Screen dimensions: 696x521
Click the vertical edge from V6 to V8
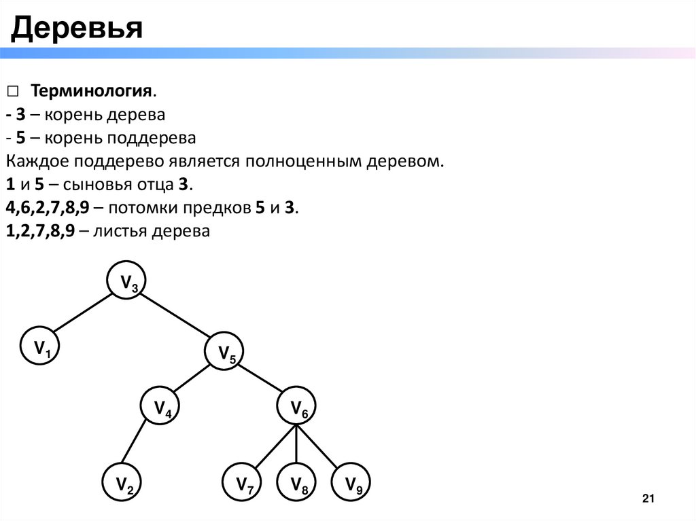tap(298, 445)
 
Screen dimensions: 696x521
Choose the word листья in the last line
tap(124, 231)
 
